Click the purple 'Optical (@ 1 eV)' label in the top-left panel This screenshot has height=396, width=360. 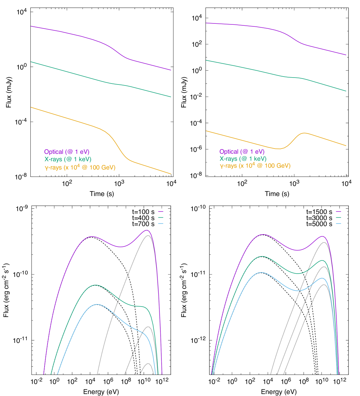(67, 152)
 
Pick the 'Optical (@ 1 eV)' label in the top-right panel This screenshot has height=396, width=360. (242, 152)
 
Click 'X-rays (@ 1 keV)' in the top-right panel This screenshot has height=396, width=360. (243, 159)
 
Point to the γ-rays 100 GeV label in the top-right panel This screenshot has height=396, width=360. (255, 166)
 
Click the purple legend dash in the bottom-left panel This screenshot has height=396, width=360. (161, 212)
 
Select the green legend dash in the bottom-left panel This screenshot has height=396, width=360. (161, 217)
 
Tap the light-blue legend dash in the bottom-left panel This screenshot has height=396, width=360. (161, 224)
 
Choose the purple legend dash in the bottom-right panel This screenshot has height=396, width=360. (338, 212)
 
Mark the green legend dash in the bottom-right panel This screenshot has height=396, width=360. (338, 217)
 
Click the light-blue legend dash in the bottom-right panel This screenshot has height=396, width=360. (338, 224)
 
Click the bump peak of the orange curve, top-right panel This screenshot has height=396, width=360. (304, 133)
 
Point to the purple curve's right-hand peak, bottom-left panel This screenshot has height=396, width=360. (147, 230)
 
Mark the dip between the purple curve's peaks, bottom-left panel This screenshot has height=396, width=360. (121, 247)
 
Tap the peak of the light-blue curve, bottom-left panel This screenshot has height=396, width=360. (97, 304)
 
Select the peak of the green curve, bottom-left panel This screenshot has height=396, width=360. (95, 285)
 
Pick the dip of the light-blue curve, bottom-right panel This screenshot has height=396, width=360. (298, 291)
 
